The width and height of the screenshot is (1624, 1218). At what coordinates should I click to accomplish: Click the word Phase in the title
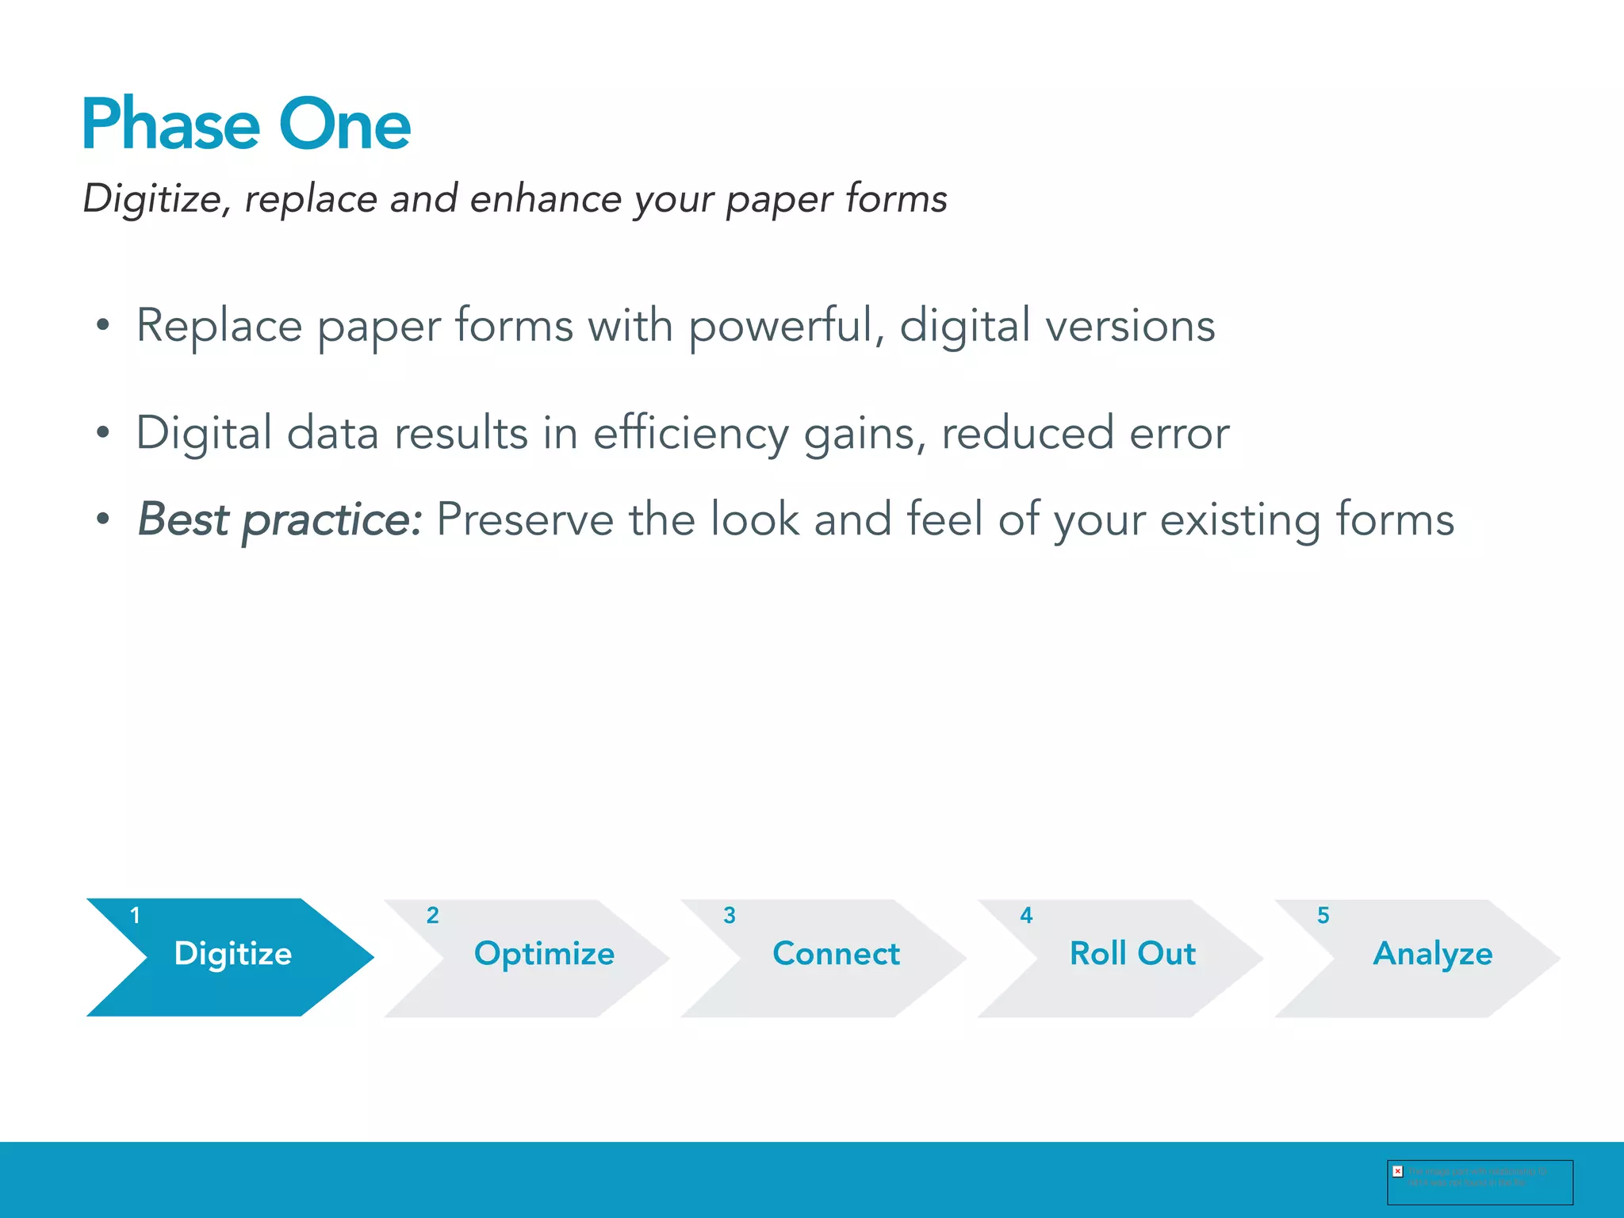pos(170,124)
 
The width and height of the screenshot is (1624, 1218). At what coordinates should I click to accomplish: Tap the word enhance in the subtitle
pos(546,198)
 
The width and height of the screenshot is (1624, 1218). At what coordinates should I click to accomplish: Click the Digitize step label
pos(232,953)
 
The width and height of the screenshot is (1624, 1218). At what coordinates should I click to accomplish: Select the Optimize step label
pos(544,954)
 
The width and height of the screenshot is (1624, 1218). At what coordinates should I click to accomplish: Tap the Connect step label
pos(836,953)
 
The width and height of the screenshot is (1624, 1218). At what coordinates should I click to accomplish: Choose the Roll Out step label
pos(1132,953)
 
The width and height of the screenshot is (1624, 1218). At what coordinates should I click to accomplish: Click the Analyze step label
pos(1432,954)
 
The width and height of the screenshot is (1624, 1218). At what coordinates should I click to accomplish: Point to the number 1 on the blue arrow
pos(135,916)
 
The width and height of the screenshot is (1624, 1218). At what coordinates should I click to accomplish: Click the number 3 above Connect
pos(730,916)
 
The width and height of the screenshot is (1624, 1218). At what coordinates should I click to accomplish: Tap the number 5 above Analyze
pos(1323,916)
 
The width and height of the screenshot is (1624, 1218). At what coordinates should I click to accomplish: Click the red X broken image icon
pos(1398,1171)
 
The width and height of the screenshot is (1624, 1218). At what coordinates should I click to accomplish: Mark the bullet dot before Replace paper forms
pos(102,325)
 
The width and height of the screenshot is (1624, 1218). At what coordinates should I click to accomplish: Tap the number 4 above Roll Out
pos(1026,916)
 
